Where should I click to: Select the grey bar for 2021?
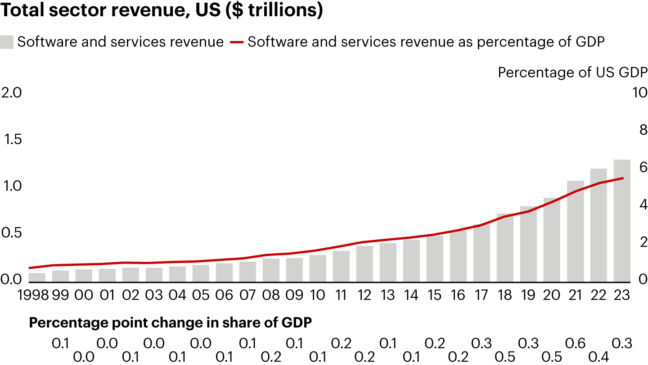575,230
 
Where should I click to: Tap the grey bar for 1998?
37,276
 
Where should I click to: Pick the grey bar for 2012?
364,263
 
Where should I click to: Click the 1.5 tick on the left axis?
12,140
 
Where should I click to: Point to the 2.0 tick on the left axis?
12,93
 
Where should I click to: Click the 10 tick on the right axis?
639,93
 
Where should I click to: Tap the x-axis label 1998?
32,295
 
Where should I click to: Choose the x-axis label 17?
481,295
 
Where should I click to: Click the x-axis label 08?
271,295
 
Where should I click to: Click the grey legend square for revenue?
7,42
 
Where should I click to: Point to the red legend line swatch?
237,42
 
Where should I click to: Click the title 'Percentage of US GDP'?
572,73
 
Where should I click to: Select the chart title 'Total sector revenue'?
162,11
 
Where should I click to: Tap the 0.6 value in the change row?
575,343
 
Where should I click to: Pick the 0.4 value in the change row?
598,356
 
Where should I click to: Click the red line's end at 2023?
623,178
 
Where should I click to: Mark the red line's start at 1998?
30,268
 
